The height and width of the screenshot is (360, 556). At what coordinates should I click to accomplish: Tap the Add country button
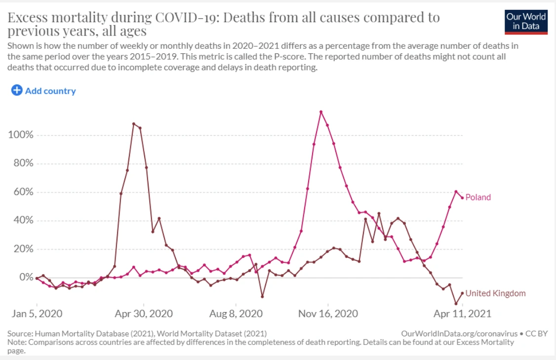pyautogui.click(x=43, y=91)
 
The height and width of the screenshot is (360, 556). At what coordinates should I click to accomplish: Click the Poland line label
pyautogui.click(x=478, y=198)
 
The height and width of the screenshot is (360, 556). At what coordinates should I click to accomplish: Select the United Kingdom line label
pyautogui.click(x=495, y=293)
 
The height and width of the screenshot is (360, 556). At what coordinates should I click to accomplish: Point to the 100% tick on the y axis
pyautogui.click(x=20, y=135)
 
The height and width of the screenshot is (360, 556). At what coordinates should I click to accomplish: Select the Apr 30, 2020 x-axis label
pyautogui.click(x=144, y=314)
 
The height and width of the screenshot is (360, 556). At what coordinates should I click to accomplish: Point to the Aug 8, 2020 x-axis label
pyautogui.click(x=236, y=314)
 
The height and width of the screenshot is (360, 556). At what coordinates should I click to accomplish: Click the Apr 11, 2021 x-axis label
pyautogui.click(x=462, y=314)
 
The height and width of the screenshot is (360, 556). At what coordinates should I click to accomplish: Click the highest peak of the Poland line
pyautogui.click(x=321, y=112)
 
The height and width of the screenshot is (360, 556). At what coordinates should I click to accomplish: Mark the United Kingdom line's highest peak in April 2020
pyautogui.click(x=134, y=123)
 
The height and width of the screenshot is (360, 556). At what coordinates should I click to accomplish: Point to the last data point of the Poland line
pyautogui.click(x=462, y=198)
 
